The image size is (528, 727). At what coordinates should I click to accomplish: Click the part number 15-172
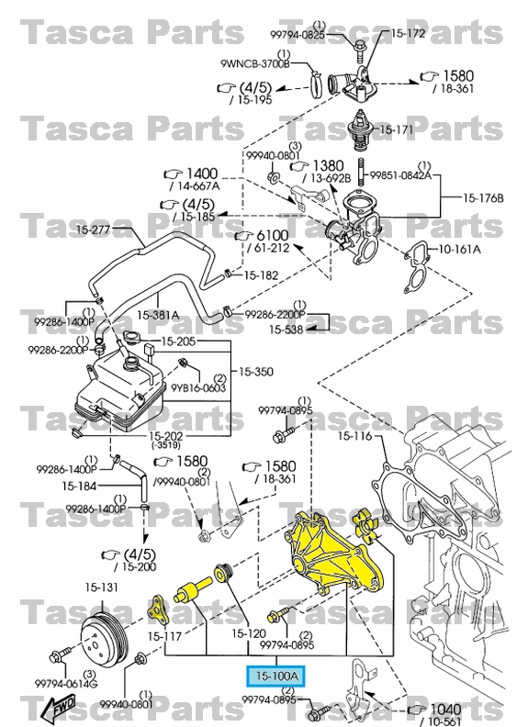[x=409, y=34]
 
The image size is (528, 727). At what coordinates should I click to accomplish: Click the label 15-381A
[x=158, y=315]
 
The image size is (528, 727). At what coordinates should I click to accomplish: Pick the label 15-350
[x=258, y=372]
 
